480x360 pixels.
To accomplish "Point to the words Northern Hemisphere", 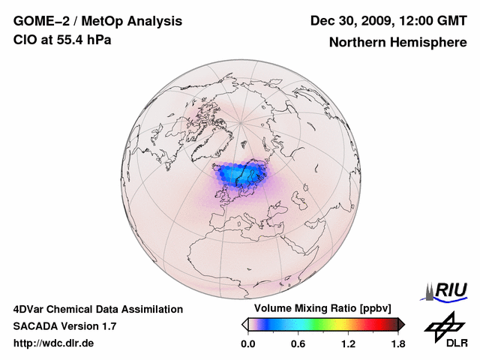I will tap(397, 43).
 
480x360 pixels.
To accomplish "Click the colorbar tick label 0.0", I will tap(247, 343).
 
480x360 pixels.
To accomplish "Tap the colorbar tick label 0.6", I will tap(298, 343).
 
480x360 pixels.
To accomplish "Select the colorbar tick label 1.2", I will tap(347, 343).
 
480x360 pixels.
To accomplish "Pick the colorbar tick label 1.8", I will tap(397, 343).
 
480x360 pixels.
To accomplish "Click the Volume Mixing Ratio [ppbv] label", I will tap(322, 309).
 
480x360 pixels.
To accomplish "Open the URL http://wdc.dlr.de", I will tap(54, 343).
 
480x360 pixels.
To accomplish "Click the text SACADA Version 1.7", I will tap(64, 326).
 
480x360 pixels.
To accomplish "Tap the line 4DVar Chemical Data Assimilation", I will tap(98, 309).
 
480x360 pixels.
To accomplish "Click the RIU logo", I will tap(445, 291).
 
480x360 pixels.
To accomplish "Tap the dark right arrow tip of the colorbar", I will tap(401, 324).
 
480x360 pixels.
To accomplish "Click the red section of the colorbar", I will tap(379, 324).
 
